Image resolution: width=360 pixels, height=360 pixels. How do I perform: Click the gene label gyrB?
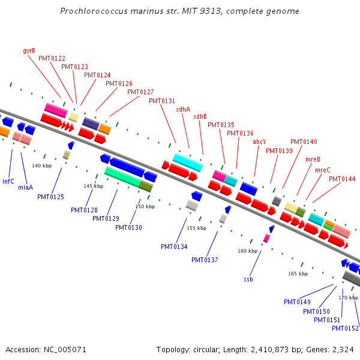[x=29, y=50]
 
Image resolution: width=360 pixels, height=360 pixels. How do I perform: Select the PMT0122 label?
[x=52, y=58]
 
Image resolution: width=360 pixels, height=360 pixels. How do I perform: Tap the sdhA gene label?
[x=183, y=109]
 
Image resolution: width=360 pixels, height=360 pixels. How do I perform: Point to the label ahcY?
[x=259, y=142]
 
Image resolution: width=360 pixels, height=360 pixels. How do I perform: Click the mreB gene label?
[x=313, y=159]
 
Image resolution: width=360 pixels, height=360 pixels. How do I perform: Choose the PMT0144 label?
[x=342, y=179]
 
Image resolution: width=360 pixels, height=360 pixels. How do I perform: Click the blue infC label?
[x=8, y=181]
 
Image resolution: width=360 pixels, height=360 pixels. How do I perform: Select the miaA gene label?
[x=25, y=187]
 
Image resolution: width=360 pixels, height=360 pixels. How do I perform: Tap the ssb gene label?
[x=248, y=279]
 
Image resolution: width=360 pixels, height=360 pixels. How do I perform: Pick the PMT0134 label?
[x=174, y=247]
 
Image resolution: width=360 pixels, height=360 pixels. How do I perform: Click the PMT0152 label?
[x=345, y=328]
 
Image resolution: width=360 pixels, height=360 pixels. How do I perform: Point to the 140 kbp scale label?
[x=42, y=166]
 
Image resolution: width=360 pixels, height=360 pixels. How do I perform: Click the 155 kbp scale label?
[x=196, y=228]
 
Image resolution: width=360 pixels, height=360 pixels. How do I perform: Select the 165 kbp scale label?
[x=298, y=274]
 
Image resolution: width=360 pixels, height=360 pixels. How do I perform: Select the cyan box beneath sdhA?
[x=188, y=162]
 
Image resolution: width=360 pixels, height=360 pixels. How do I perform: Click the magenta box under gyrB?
[x=56, y=110]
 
